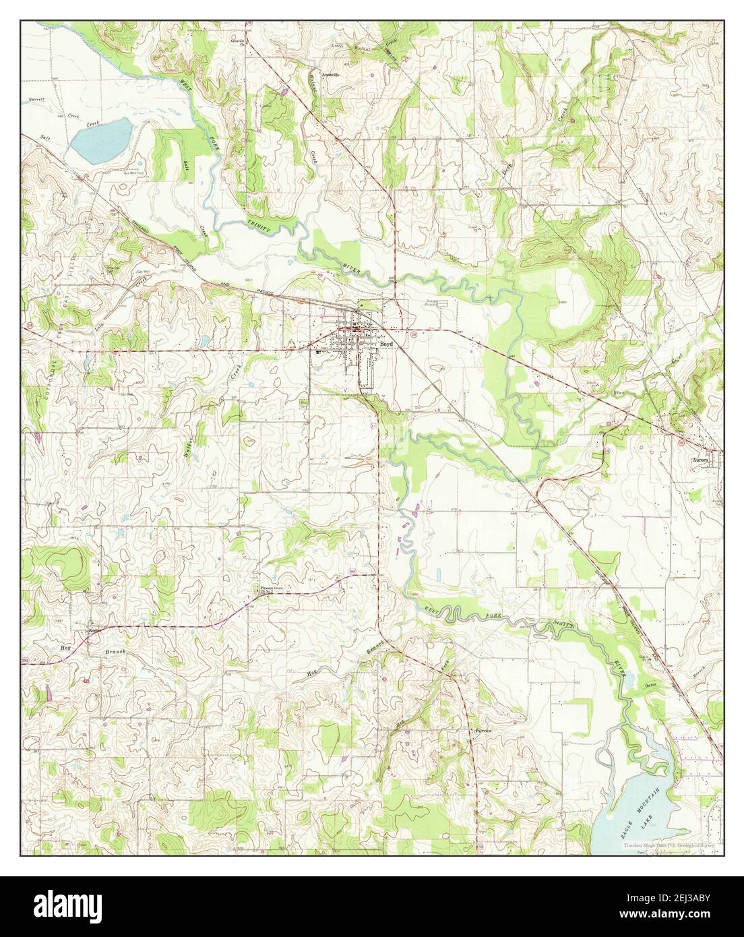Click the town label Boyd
385,343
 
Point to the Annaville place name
330,74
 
